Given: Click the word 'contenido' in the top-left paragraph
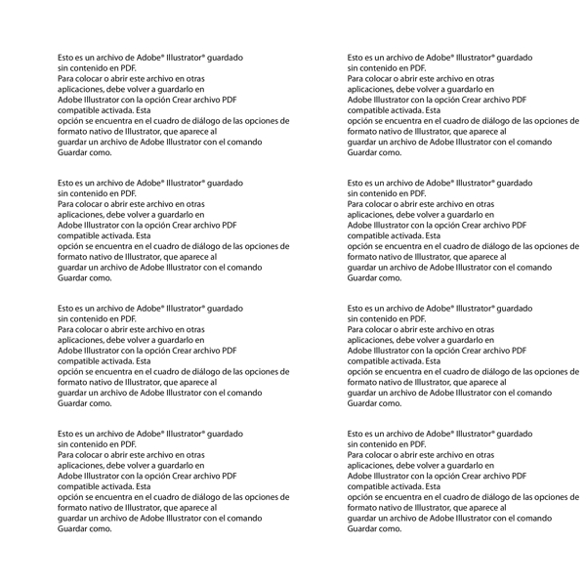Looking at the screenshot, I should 91,68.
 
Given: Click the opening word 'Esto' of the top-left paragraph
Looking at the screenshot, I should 66,58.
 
